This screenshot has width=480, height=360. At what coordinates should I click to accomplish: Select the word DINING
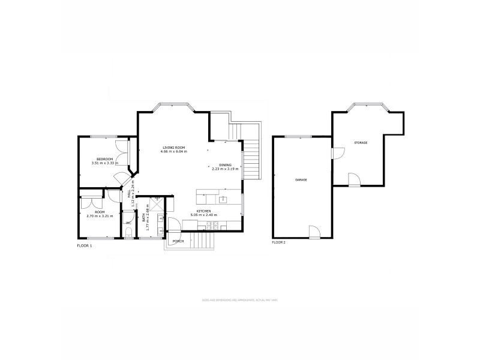point(225,165)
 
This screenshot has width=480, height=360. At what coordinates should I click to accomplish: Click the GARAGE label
point(301,180)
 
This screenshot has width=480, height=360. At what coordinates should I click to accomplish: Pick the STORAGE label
point(361,143)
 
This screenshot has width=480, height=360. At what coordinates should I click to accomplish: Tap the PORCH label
point(178,241)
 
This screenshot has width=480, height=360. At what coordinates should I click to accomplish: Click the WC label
point(128,223)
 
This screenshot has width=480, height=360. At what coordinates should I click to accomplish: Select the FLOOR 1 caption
point(85,246)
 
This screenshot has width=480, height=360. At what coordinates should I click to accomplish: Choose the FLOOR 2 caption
point(279,242)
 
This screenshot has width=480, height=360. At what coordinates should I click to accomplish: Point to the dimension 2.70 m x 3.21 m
point(100,216)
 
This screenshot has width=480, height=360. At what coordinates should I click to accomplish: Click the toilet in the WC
point(129,232)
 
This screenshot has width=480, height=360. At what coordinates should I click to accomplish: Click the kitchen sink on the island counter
point(223,199)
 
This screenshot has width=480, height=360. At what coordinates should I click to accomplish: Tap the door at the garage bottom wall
point(314,232)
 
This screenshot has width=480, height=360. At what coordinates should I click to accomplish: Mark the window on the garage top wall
point(294,137)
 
